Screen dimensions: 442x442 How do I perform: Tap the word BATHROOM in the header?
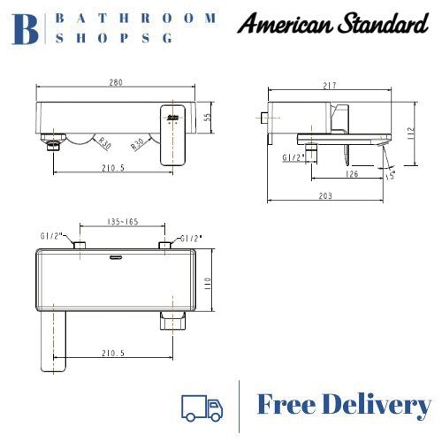pyautogui.click(x=136, y=18)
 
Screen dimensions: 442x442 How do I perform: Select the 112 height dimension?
pyautogui.click(x=424, y=133)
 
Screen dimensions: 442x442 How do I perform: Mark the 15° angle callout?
pyautogui.click(x=390, y=175)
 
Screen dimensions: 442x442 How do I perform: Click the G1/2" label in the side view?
pyautogui.click(x=293, y=156)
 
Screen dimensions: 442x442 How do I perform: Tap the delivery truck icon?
pyautogui.click(x=202, y=407)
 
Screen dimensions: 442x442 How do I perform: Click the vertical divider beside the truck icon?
pyautogui.click(x=240, y=406)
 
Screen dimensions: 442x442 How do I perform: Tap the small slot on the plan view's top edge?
pyautogui.click(x=115, y=257)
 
